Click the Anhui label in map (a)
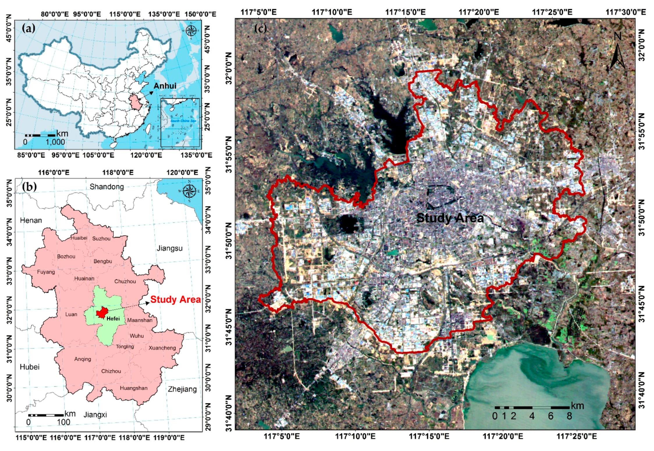point(165,86)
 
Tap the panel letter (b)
point(29,187)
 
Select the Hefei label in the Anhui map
point(113,319)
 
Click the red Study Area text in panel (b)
point(176,299)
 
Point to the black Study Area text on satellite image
point(450,218)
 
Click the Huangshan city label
point(134,388)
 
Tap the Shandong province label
point(107,187)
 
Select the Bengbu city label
point(102,261)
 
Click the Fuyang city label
point(46,272)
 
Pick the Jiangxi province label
point(95,415)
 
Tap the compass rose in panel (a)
point(191,31)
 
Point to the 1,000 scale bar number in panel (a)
point(55,142)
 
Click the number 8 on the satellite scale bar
point(569,416)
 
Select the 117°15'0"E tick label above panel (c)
point(405,12)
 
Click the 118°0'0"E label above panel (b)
point(118,173)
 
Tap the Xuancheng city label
point(162,348)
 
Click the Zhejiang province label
point(182,389)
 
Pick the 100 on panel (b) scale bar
point(63,422)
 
